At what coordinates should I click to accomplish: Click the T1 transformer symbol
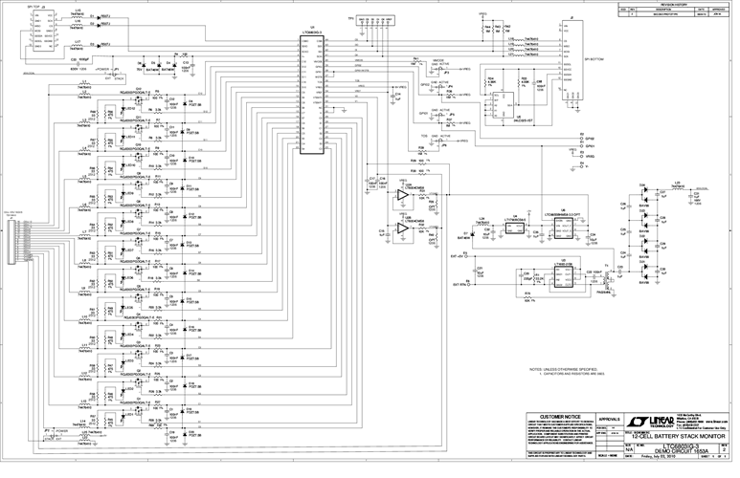(605, 274)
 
